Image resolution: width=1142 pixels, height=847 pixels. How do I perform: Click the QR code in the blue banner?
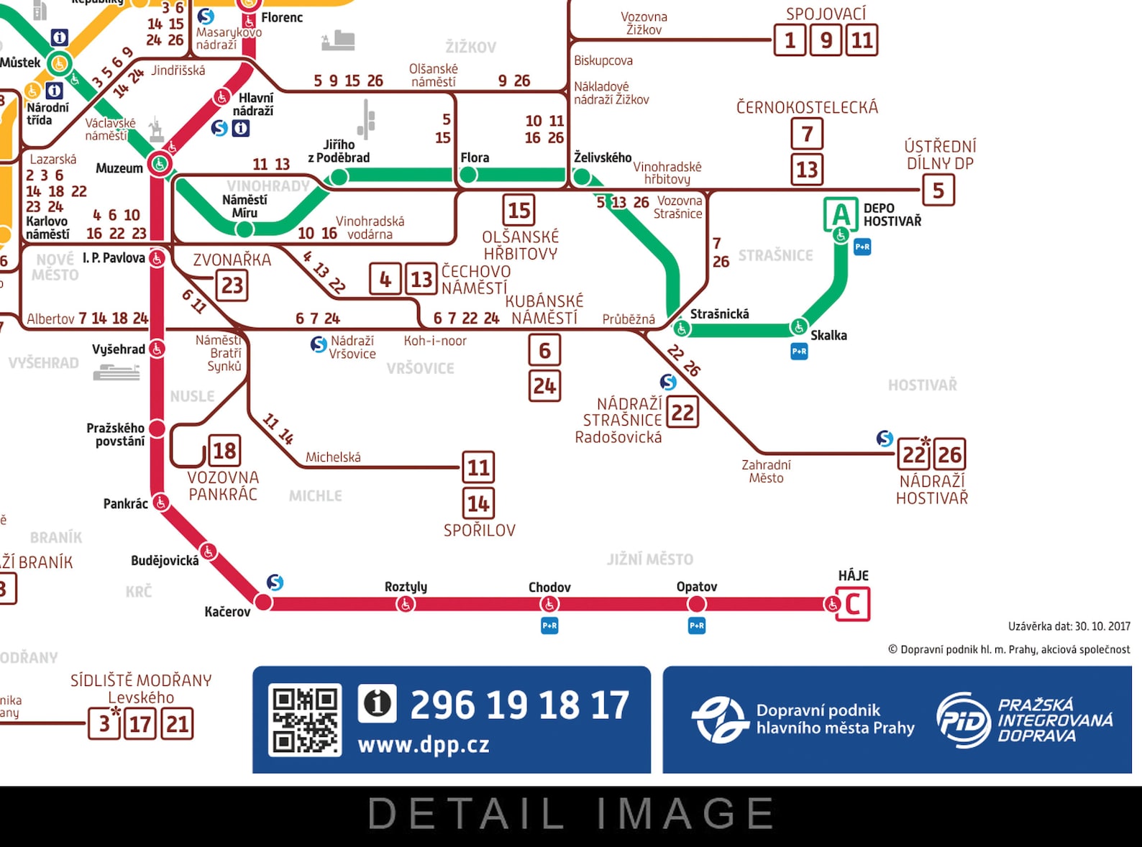point(305,720)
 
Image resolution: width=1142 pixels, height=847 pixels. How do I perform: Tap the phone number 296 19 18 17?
point(519,705)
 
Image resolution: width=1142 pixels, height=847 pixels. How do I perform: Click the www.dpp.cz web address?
point(424,745)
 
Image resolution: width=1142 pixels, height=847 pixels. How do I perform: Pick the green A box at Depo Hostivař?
point(840,214)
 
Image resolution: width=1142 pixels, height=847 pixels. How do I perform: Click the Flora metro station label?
point(475,157)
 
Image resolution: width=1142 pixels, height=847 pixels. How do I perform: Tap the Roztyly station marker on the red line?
point(406,604)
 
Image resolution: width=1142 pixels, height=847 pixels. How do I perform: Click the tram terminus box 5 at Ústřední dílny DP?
point(938,191)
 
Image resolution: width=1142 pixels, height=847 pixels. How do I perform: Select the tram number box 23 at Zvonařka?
point(232,285)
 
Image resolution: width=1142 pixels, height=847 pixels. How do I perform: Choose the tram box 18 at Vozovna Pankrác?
point(224,451)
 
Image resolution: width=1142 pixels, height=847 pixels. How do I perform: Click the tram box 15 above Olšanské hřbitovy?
point(519,211)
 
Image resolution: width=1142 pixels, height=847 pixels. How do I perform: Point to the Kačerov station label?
point(227,612)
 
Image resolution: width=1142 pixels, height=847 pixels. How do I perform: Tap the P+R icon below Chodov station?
point(549,626)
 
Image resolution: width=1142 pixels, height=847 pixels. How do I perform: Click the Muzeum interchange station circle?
point(160,164)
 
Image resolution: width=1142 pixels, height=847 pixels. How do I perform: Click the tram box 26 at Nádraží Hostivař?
point(949,454)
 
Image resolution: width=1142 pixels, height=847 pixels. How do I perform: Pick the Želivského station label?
point(603,157)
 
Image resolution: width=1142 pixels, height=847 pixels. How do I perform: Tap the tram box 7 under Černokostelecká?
point(807,134)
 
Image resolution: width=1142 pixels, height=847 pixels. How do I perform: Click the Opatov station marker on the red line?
point(696,604)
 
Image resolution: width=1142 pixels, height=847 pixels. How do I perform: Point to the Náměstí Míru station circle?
point(245,229)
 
